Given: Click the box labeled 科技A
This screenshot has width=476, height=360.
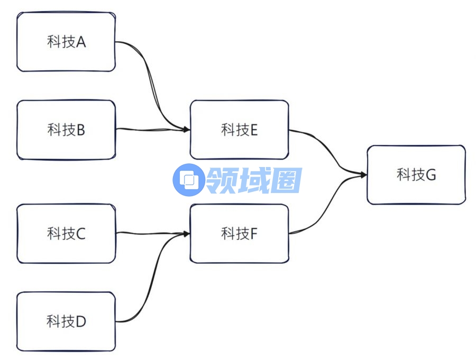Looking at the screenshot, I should tap(66, 42).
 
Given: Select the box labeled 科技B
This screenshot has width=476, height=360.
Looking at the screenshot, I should tap(66, 130).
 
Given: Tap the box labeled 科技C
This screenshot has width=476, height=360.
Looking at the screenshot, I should tap(66, 233).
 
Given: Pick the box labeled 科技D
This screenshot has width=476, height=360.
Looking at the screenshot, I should tap(66, 321).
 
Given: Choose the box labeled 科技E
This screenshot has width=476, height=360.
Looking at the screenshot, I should tap(239, 130).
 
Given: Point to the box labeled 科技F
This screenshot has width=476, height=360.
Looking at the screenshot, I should tap(239, 233).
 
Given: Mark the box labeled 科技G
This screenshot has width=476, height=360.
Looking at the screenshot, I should tap(416, 174).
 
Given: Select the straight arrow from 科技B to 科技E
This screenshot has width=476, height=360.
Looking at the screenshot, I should tap(151, 129).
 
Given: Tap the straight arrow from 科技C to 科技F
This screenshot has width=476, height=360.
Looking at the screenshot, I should tap(151, 233).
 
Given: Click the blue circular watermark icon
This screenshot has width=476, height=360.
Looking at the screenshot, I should tap(188, 180).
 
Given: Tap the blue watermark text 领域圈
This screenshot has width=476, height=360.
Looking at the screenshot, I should tap(254, 180).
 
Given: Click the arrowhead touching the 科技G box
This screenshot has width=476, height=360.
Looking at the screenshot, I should tap(363, 174).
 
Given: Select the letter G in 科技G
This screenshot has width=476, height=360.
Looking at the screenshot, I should tap(431, 175).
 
